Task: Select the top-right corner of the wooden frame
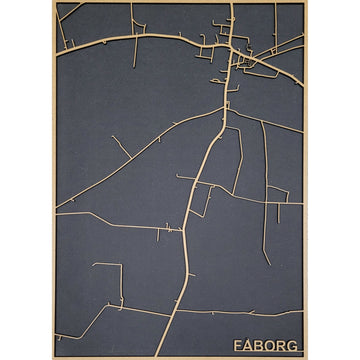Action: pyautogui.click(x=305, y=2)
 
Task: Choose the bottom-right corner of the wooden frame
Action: pyautogui.click(x=305, y=357)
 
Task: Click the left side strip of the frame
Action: pyautogui.click(x=55, y=180)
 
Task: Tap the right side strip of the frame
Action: pyautogui.click(x=305, y=180)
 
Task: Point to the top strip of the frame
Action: pyautogui.click(x=180, y=2)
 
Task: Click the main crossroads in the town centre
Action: pyautogui.click(x=232, y=48)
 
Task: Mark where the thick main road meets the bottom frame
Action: pyautogui.click(x=160, y=355)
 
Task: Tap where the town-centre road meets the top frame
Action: pyautogui.click(x=233, y=4)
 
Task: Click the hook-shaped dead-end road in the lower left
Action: pyautogui.click(x=110, y=270)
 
